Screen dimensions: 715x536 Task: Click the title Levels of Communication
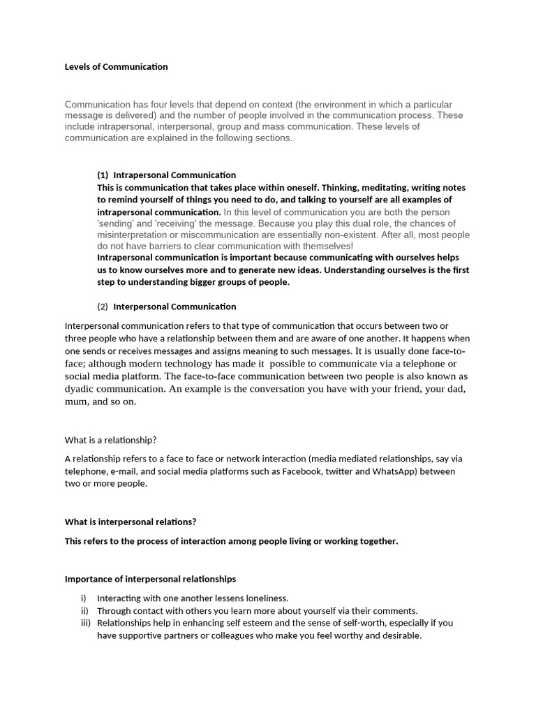click(116, 67)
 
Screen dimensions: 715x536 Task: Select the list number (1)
click(103, 175)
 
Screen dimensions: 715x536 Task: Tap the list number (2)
click(103, 307)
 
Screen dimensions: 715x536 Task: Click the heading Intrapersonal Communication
click(174, 175)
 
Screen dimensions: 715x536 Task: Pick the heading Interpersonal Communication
click(174, 307)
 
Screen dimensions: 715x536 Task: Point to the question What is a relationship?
click(110, 440)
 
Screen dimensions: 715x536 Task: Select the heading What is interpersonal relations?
click(131, 522)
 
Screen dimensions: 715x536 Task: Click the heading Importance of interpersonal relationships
click(150, 579)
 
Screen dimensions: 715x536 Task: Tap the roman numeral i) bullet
click(85, 598)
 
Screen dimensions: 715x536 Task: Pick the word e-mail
click(123, 471)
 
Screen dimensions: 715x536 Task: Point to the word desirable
click(399, 636)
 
